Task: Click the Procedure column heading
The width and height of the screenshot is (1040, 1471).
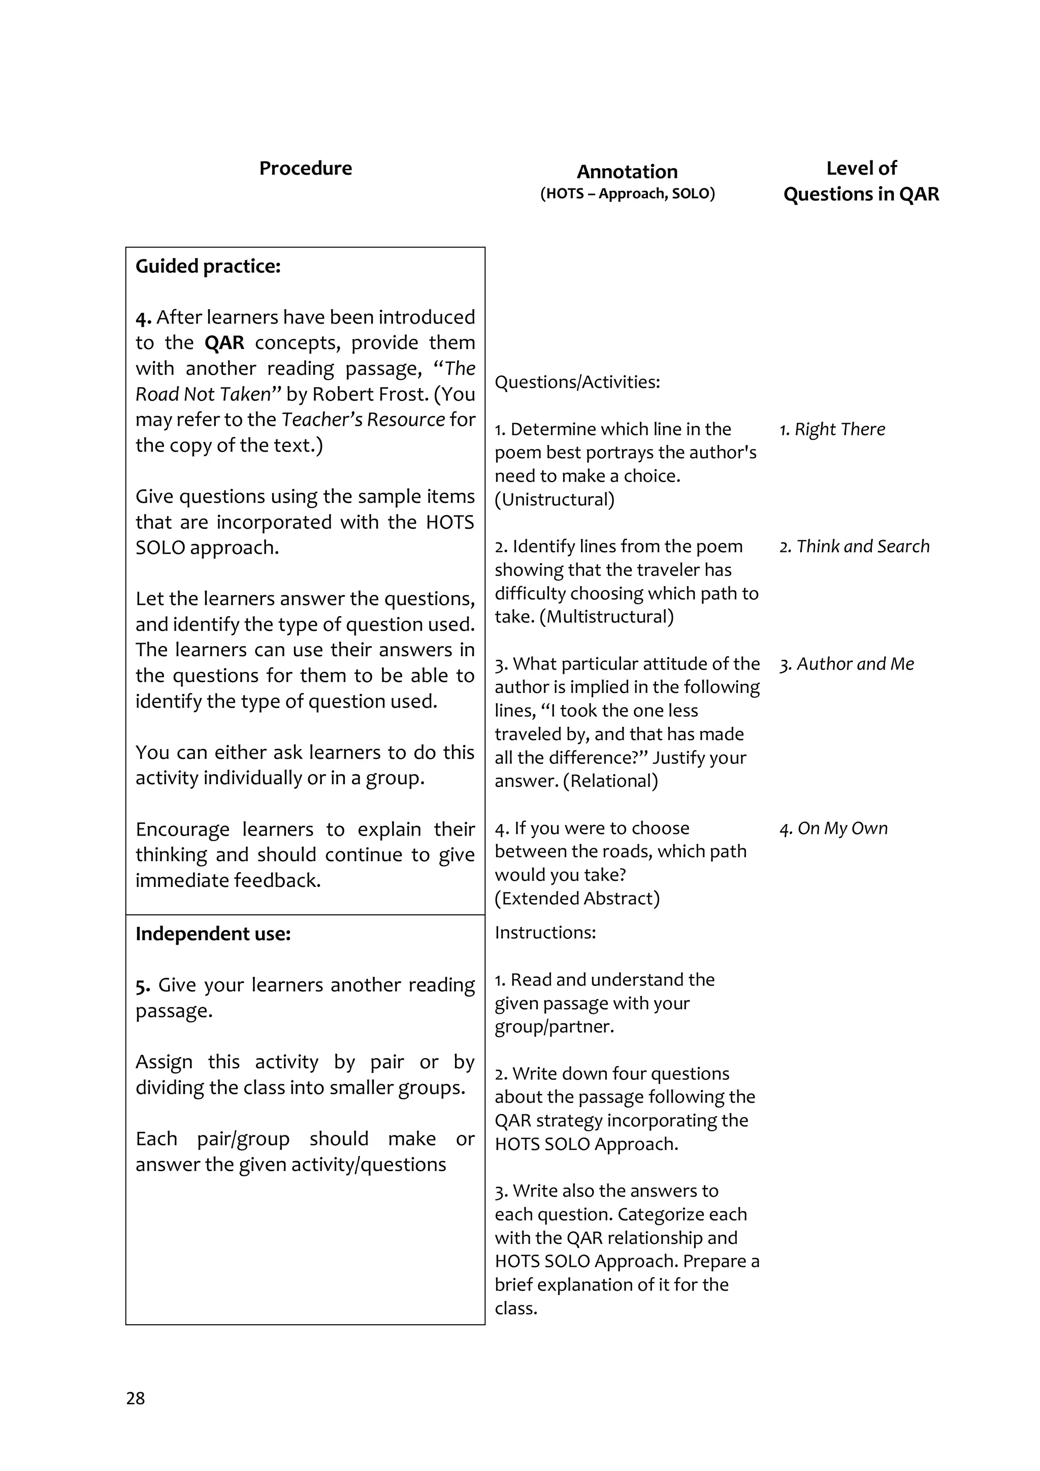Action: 306,169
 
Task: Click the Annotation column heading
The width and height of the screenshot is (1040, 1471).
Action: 627,172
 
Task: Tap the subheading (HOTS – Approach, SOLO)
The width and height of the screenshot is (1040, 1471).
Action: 627,194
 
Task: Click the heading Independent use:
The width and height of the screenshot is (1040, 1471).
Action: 213,934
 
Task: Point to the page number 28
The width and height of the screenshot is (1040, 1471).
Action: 135,1398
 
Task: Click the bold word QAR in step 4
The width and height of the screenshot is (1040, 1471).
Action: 224,343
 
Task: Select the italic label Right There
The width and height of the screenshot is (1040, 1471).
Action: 839,429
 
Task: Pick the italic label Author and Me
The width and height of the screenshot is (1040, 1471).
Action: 855,664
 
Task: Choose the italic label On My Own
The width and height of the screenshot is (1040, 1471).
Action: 842,828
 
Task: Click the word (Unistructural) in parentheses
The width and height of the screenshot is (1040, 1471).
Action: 555,500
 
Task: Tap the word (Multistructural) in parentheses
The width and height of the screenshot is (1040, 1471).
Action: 610,617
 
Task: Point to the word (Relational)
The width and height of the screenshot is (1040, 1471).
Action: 610,781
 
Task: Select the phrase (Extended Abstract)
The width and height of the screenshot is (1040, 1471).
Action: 577,898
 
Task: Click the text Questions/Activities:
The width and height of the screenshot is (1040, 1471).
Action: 577,382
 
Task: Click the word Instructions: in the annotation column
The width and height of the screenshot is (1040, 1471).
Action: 545,932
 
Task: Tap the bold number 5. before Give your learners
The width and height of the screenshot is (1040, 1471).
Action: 143,985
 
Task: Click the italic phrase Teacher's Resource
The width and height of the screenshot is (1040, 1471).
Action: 363,420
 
